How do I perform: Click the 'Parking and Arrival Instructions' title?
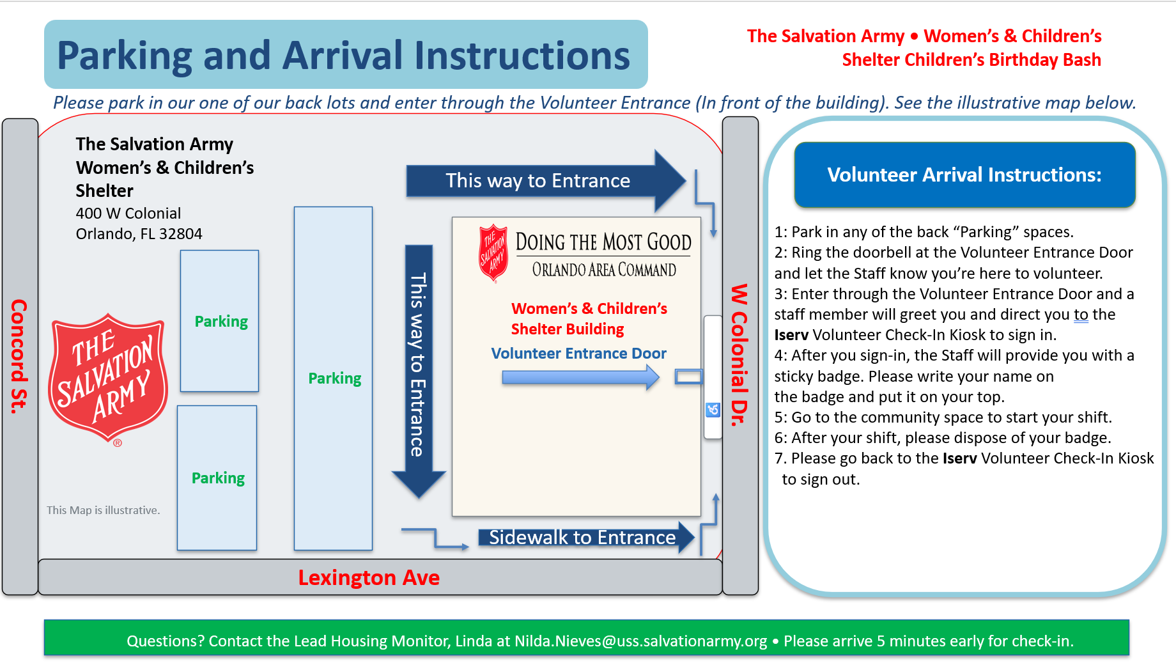click(x=344, y=56)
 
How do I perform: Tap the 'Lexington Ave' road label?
click(x=369, y=578)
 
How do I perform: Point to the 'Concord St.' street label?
click(x=19, y=356)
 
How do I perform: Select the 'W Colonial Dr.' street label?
click(x=739, y=355)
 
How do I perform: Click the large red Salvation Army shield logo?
click(x=108, y=377)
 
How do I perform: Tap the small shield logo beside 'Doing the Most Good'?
click(x=493, y=253)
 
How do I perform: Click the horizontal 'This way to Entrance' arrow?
click(x=543, y=181)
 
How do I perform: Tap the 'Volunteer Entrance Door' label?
click(x=578, y=354)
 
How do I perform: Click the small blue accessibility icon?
click(x=713, y=410)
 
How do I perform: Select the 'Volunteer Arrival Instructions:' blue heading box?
click(x=964, y=175)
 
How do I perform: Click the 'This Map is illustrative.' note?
click(x=104, y=510)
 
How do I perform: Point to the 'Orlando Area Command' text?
click(x=604, y=270)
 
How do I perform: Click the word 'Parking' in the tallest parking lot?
click(x=334, y=378)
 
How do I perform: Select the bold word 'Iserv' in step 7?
click(x=959, y=458)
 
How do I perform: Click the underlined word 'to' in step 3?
click(x=1081, y=315)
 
